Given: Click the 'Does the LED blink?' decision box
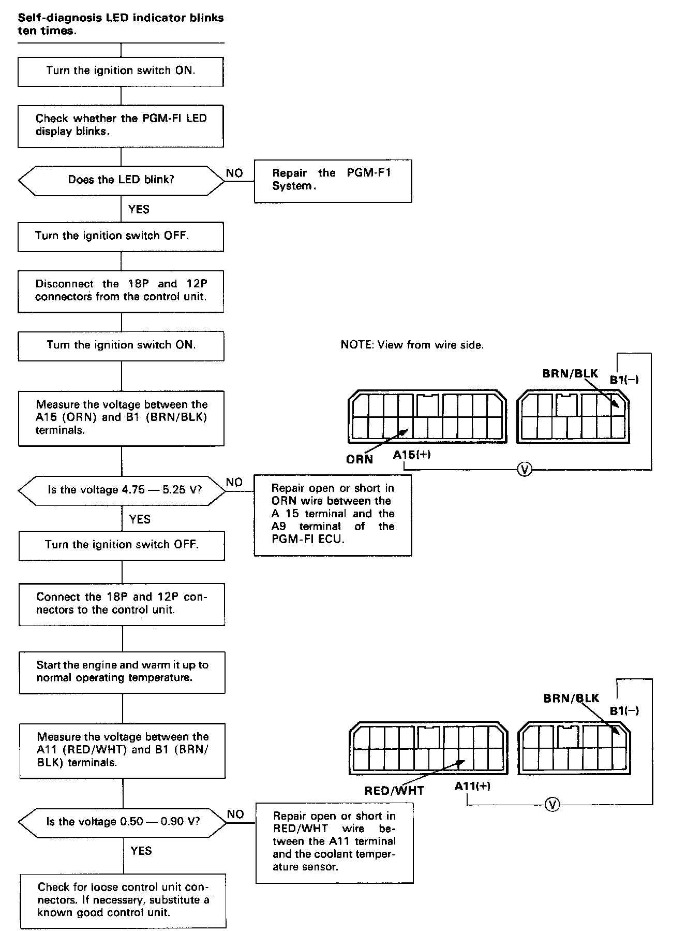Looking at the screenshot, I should [121, 180].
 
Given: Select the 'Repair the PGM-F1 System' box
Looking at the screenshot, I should [333, 180].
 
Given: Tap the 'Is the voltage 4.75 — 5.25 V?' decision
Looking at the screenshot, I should [122, 490].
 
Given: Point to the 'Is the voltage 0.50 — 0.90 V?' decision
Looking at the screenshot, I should [123, 822].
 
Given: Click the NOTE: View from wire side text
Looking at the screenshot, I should [412, 345].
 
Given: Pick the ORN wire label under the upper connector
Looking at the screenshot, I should [360, 459].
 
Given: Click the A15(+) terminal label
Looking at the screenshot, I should [412, 455].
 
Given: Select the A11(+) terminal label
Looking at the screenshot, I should [472, 786].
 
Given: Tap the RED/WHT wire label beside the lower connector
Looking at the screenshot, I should [394, 791].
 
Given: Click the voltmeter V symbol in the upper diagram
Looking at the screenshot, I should [525, 470].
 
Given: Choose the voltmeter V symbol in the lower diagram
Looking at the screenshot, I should [552, 805].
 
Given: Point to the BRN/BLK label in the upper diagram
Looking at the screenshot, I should [570, 373].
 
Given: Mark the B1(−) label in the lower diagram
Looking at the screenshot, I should [624, 710].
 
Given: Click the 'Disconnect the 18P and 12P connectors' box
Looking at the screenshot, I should [121, 290].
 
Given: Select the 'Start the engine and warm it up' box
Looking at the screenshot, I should [122, 672].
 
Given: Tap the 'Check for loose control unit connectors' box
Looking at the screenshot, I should [123, 900].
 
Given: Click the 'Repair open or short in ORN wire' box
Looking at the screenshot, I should [333, 514].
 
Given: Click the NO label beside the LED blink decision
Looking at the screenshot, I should [234, 173].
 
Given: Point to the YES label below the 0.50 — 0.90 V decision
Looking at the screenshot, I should [141, 851].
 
